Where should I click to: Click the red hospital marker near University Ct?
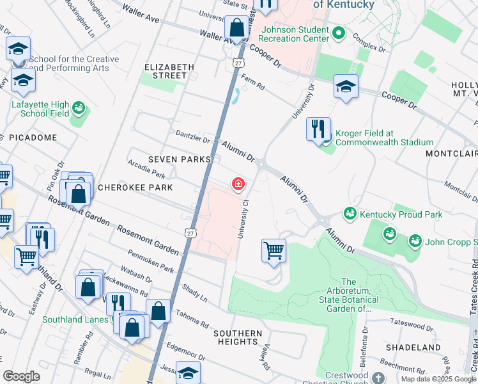(x=238, y=185)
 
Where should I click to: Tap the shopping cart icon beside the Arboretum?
(x=274, y=250)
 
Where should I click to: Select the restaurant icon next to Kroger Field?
(x=318, y=129)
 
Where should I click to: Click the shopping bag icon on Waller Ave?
(x=236, y=28)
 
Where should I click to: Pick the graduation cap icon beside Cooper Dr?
(x=346, y=87)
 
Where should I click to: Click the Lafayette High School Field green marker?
(x=79, y=107)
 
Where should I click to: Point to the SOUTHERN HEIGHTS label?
(x=238, y=337)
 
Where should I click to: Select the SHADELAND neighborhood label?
(x=413, y=348)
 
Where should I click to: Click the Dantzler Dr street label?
(x=193, y=137)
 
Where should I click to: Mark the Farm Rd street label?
(x=252, y=80)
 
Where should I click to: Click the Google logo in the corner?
(x=22, y=377)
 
